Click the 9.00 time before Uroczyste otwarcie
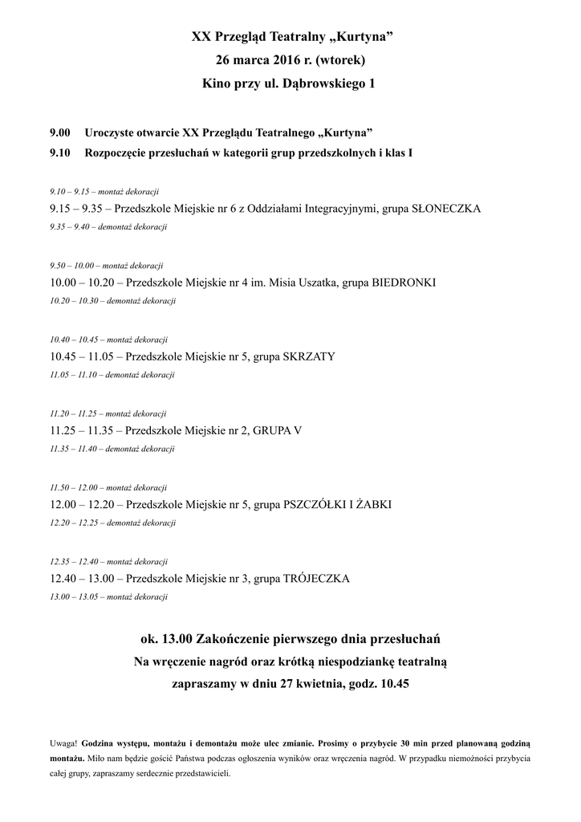pos(60,132)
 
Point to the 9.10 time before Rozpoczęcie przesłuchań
pos(60,152)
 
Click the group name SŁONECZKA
pos(446,209)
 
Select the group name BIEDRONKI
pos(404,283)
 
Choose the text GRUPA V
pos(277,430)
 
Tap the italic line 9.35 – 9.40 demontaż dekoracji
pos(108,227)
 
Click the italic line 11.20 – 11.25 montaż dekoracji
pos(108,413)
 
